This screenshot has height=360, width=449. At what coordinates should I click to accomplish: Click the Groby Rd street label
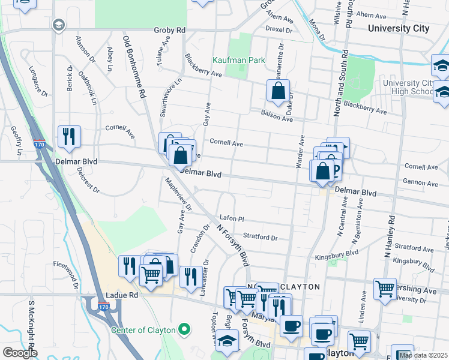point(170,30)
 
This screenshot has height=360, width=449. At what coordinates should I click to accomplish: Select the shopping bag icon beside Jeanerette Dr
point(279,92)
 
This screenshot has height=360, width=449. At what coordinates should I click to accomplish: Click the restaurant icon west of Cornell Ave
point(70,137)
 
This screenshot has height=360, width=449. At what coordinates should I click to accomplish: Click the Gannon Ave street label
point(421,183)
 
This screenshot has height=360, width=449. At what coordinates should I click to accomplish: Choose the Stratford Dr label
point(260,238)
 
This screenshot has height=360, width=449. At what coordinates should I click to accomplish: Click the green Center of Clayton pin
point(185,330)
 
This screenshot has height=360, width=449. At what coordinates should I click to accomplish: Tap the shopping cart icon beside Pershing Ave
point(384,289)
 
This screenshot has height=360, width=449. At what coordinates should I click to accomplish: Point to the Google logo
point(20,353)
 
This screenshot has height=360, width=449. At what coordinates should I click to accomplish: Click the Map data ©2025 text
point(423,355)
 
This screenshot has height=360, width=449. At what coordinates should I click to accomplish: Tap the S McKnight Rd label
point(31,327)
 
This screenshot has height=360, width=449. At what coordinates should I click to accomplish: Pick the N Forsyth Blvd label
point(232,245)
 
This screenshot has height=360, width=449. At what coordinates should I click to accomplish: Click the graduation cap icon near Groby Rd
point(58,25)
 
